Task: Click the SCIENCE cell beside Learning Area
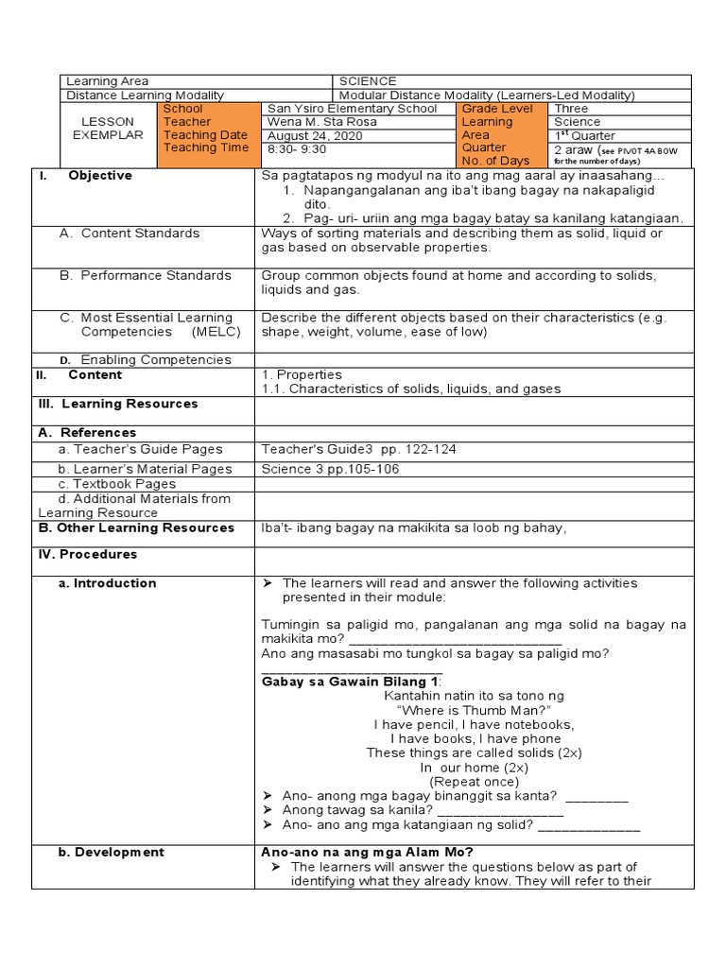[x=368, y=81]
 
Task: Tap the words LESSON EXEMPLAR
[x=108, y=129]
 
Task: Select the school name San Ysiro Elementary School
[x=353, y=109]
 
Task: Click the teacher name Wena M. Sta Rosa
[x=322, y=122]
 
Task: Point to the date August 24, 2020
[x=315, y=135]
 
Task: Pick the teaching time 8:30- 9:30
[x=297, y=148]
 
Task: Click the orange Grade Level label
[x=497, y=109]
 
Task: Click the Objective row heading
[x=99, y=176]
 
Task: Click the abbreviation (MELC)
[x=216, y=332]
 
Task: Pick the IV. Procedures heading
[x=87, y=554]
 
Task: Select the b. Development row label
[x=111, y=852]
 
